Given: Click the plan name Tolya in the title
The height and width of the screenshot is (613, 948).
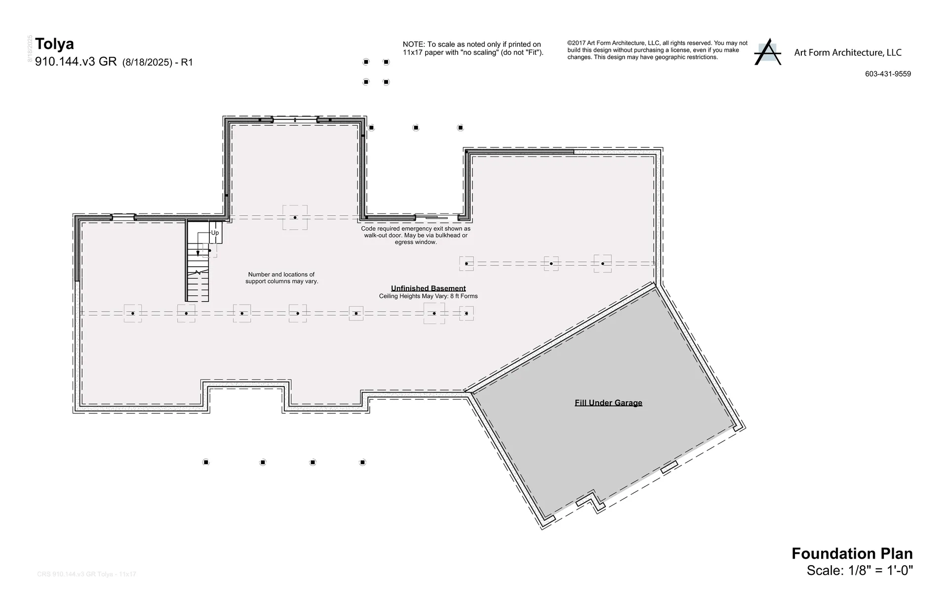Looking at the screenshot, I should [54, 44].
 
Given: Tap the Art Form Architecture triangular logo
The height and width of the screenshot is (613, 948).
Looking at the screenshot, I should [767, 52].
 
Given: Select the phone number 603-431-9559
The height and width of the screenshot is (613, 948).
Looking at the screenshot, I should [888, 74].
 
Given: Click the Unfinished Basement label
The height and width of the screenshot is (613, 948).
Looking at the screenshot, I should [428, 288].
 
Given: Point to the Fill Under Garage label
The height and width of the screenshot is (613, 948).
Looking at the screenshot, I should [608, 403].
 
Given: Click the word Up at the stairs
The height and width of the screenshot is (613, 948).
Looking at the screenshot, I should [215, 233].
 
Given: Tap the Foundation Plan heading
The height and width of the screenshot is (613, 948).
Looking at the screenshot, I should [852, 553].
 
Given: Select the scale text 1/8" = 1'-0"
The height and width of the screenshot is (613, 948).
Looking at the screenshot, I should [880, 571].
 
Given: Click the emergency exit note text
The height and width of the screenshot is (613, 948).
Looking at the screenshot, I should [415, 236].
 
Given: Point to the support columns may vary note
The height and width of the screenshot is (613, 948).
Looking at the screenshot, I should [281, 278].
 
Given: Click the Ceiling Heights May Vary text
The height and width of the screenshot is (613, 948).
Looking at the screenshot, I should [428, 296].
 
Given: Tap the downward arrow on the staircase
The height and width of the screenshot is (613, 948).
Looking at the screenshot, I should [198, 252].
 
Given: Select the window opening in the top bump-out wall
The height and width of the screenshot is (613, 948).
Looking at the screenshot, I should [295, 120].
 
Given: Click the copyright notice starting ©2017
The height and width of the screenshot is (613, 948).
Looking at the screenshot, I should [657, 50].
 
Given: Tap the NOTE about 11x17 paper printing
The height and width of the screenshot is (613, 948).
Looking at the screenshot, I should [473, 48].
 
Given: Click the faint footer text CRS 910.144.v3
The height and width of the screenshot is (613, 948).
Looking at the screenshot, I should [86, 574].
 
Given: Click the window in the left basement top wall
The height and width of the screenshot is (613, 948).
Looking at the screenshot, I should [123, 217].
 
